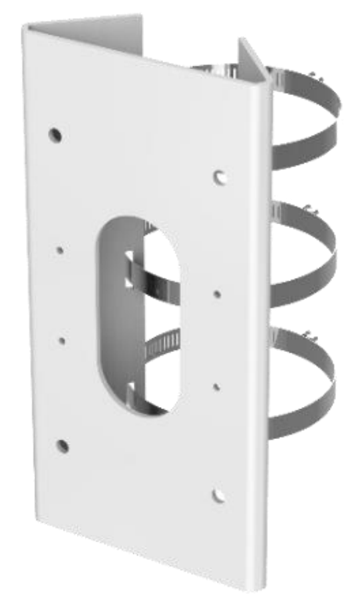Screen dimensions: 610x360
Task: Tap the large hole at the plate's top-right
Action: [x=222, y=177]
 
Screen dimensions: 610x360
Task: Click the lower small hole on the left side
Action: [x=61, y=340]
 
